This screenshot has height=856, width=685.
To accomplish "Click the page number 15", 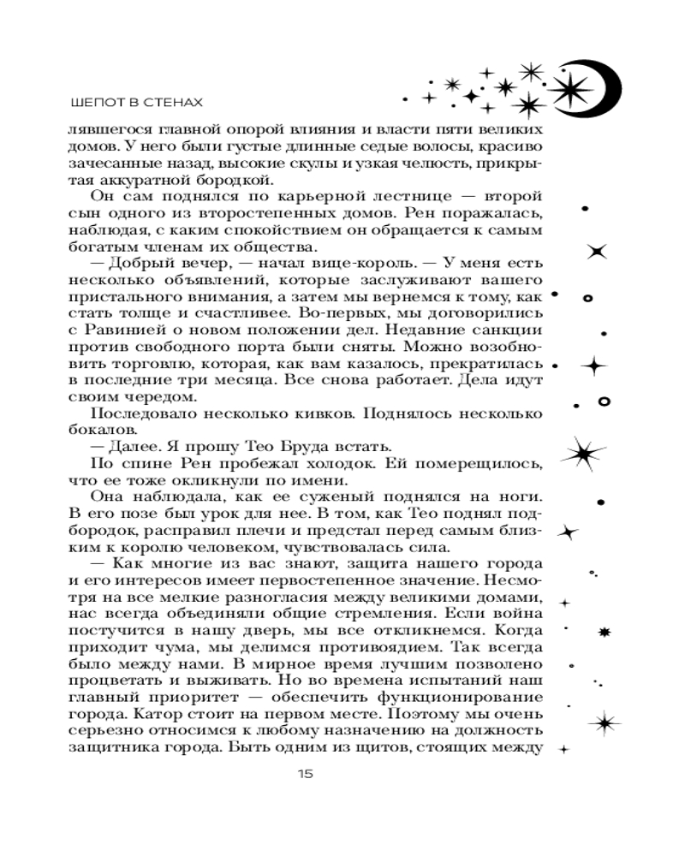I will [x=305, y=774].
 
